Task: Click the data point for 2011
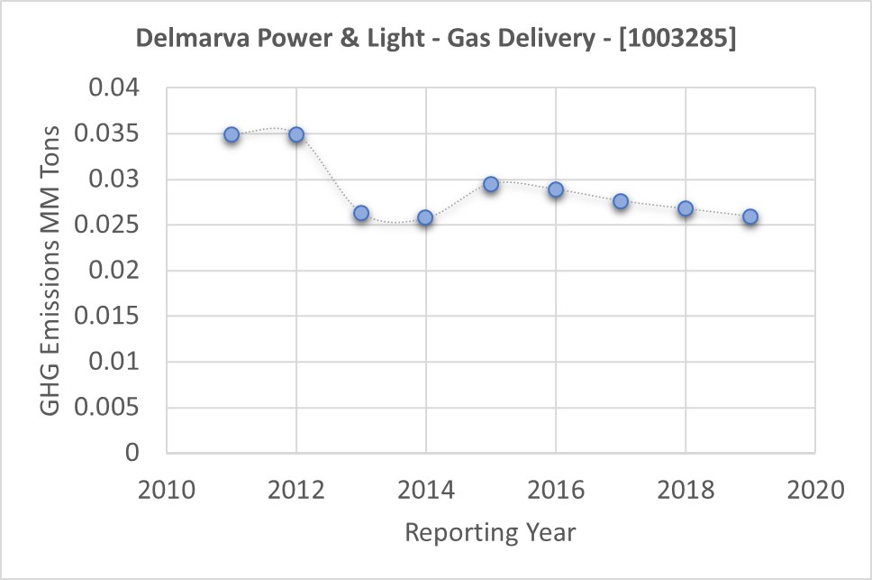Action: [232, 134]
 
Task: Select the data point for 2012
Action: [296, 134]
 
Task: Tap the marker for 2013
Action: [361, 213]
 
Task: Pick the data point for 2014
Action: [425, 217]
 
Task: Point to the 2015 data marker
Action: [491, 184]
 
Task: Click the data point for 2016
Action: [556, 189]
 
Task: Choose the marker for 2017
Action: [621, 201]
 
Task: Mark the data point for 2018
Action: [686, 208]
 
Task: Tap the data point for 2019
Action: [750, 216]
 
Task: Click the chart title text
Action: [435, 41]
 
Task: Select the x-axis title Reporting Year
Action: [490, 532]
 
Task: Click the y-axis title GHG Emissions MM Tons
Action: [51, 271]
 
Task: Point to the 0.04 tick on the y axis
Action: [116, 89]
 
